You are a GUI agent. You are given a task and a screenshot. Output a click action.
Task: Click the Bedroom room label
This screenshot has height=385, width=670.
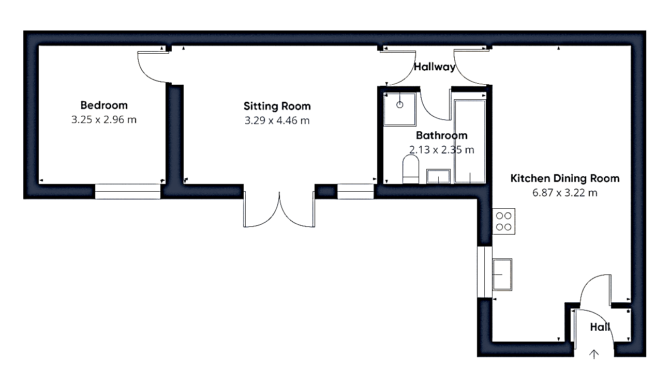tap(104, 105)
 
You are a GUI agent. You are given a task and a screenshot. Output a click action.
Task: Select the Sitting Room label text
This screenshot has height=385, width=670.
tap(277, 106)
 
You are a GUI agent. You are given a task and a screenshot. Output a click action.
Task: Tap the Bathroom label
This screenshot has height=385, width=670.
tap(441, 135)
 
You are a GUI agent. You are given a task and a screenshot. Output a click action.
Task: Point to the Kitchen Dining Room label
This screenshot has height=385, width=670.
tap(565, 178)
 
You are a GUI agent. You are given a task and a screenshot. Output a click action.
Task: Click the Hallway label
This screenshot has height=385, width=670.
tap(434, 67)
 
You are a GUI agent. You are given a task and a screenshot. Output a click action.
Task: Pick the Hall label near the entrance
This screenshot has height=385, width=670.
tap(600, 327)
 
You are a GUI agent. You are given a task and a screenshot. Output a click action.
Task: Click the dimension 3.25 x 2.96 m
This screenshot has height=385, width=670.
tap(104, 119)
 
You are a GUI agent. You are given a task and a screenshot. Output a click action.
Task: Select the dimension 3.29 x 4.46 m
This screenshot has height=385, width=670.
tap(277, 120)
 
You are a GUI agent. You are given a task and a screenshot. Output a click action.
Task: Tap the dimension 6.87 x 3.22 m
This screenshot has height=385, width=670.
tap(565, 193)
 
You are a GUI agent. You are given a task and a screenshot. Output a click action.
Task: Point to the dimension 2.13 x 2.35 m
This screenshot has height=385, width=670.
tap(441, 150)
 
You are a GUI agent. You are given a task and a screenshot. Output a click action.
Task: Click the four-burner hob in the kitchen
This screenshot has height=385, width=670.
tap(504, 221)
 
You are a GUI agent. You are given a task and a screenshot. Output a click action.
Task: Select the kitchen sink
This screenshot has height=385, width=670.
tap(502, 274)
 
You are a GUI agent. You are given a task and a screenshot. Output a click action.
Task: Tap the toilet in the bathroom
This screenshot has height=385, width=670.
tap(411, 170)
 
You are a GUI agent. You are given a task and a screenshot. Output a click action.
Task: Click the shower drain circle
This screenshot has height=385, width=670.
tap(400, 105)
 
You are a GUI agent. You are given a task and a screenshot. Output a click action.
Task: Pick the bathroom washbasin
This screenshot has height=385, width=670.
tap(438, 176)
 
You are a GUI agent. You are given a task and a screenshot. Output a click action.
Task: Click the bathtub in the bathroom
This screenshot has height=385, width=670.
tap(470, 141)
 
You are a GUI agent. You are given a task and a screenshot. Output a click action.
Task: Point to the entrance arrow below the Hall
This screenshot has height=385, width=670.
tap(594, 354)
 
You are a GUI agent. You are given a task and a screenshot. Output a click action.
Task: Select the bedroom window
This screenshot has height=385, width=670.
tap(128, 191)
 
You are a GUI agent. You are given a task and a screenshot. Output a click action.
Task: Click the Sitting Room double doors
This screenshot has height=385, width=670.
tap(279, 209)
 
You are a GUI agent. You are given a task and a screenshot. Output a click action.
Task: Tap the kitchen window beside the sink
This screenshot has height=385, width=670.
tap(485, 272)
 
